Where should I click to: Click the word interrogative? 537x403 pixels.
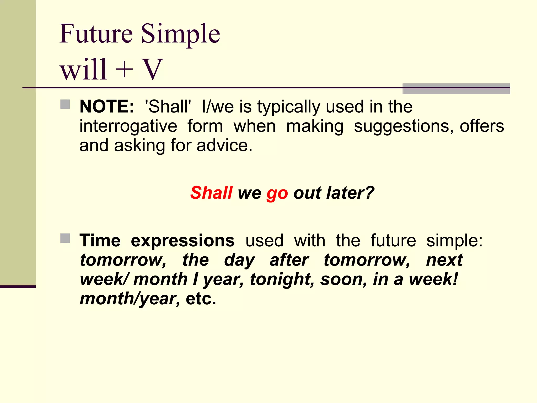coord(128,126)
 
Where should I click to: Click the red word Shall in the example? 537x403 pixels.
coord(211,193)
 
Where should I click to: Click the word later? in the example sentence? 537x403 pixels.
coord(350,193)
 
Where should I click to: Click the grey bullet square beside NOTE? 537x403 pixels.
coord(65,104)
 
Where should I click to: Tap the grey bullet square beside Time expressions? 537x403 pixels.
coord(65,238)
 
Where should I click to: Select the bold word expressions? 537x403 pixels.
coord(182,241)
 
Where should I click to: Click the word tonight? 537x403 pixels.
coord(282,279)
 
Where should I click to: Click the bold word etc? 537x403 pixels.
coord(201,299)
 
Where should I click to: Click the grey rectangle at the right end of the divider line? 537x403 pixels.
coord(456,89)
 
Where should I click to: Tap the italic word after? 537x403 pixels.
coord(289,260)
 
